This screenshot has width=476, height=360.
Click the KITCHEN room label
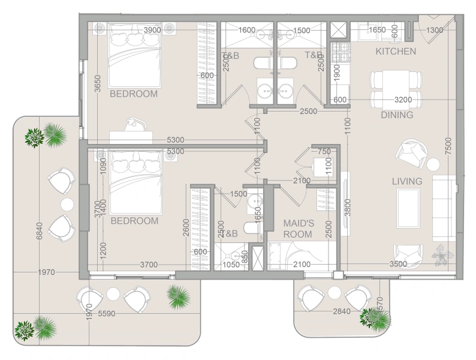395,52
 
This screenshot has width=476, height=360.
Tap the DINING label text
397,115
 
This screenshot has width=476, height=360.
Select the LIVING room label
407,181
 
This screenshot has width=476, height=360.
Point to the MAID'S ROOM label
297,228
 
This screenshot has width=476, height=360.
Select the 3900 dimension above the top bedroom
152,30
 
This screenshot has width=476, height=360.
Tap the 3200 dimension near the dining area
404,100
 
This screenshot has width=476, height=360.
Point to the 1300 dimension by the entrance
435,30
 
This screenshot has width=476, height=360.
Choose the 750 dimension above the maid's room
324,152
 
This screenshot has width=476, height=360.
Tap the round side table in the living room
433,164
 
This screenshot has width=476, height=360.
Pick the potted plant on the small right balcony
376,317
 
